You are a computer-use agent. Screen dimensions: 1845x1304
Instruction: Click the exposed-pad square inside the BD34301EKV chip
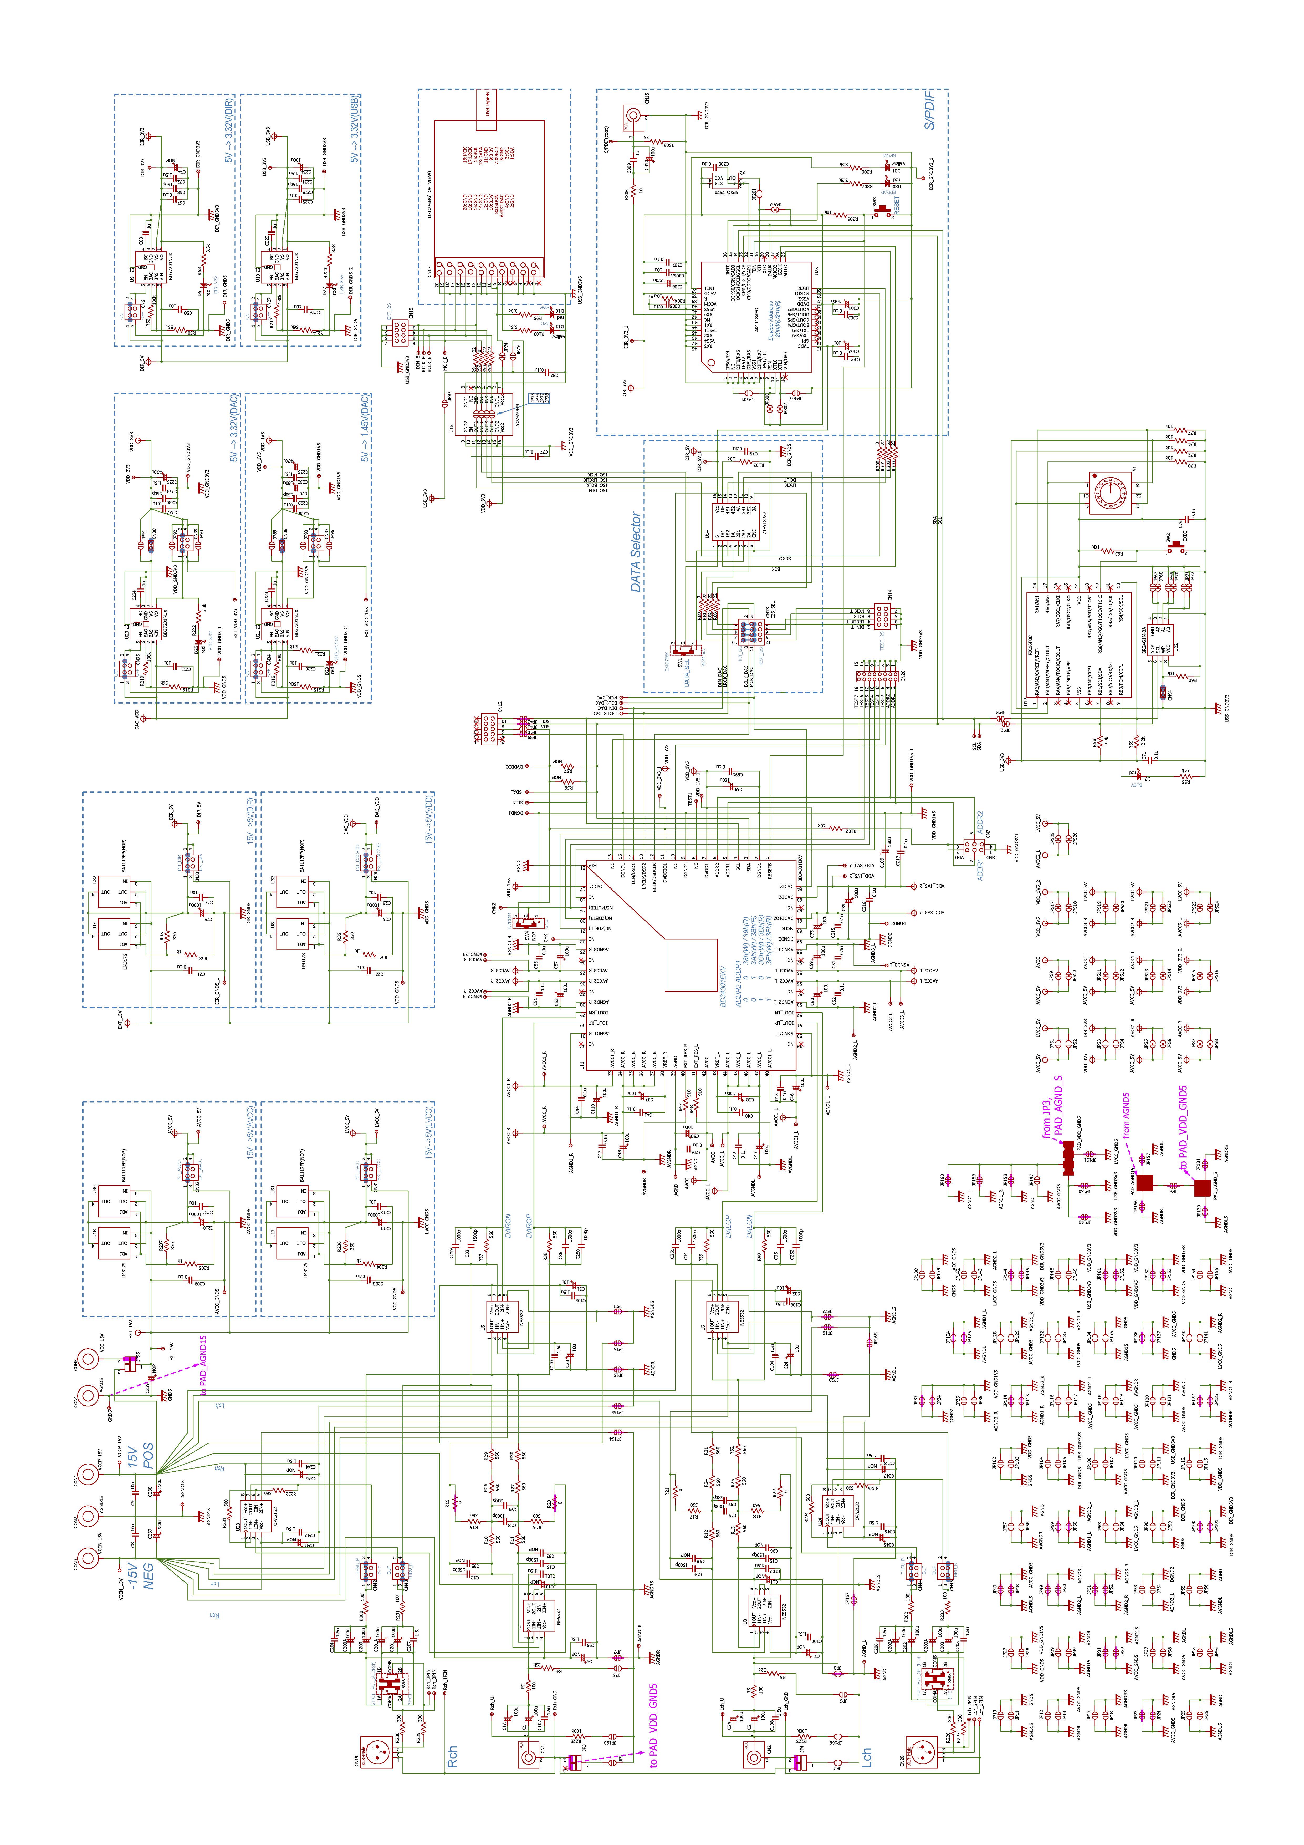[690, 964]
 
